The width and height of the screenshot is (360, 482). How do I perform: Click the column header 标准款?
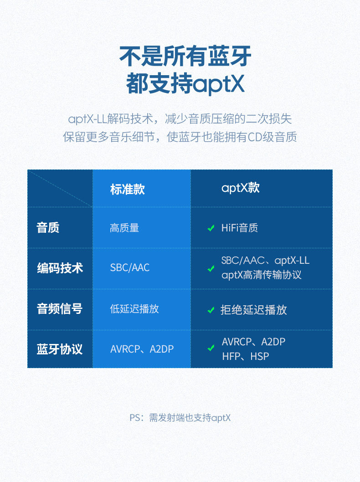(x=127, y=189)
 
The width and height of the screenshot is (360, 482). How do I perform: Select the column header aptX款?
(x=240, y=188)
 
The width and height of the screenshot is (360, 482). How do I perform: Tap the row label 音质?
(x=48, y=227)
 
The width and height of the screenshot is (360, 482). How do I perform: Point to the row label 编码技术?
(x=60, y=268)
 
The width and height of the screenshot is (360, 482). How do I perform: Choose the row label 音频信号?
(x=60, y=309)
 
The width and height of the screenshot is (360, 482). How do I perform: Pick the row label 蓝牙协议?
(x=60, y=349)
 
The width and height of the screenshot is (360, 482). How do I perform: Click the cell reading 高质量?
(x=124, y=228)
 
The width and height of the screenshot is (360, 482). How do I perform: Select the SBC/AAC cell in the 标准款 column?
(x=130, y=268)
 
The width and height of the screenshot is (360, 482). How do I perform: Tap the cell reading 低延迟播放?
(x=134, y=309)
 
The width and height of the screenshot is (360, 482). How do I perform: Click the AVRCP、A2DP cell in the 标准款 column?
(x=142, y=349)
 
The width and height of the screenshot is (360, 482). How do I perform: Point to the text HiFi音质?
(x=240, y=228)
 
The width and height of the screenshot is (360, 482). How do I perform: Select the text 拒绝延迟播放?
(x=254, y=310)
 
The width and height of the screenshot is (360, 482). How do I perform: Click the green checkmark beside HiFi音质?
(x=211, y=228)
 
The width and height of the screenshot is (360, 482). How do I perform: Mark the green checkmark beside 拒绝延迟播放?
(x=211, y=310)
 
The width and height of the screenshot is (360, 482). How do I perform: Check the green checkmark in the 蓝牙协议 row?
(x=211, y=349)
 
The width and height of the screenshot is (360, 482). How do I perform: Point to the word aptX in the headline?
(x=219, y=85)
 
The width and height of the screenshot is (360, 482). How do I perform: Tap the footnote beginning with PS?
(x=180, y=418)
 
